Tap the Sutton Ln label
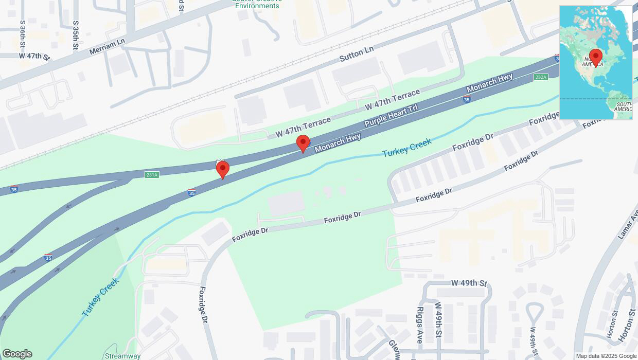[357, 54]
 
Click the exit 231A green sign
[152, 175]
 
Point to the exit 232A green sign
[541, 77]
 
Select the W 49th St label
[469, 283]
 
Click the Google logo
[17, 354]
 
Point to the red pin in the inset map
[596, 57]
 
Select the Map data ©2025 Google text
[606, 356]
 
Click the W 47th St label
[34, 56]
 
